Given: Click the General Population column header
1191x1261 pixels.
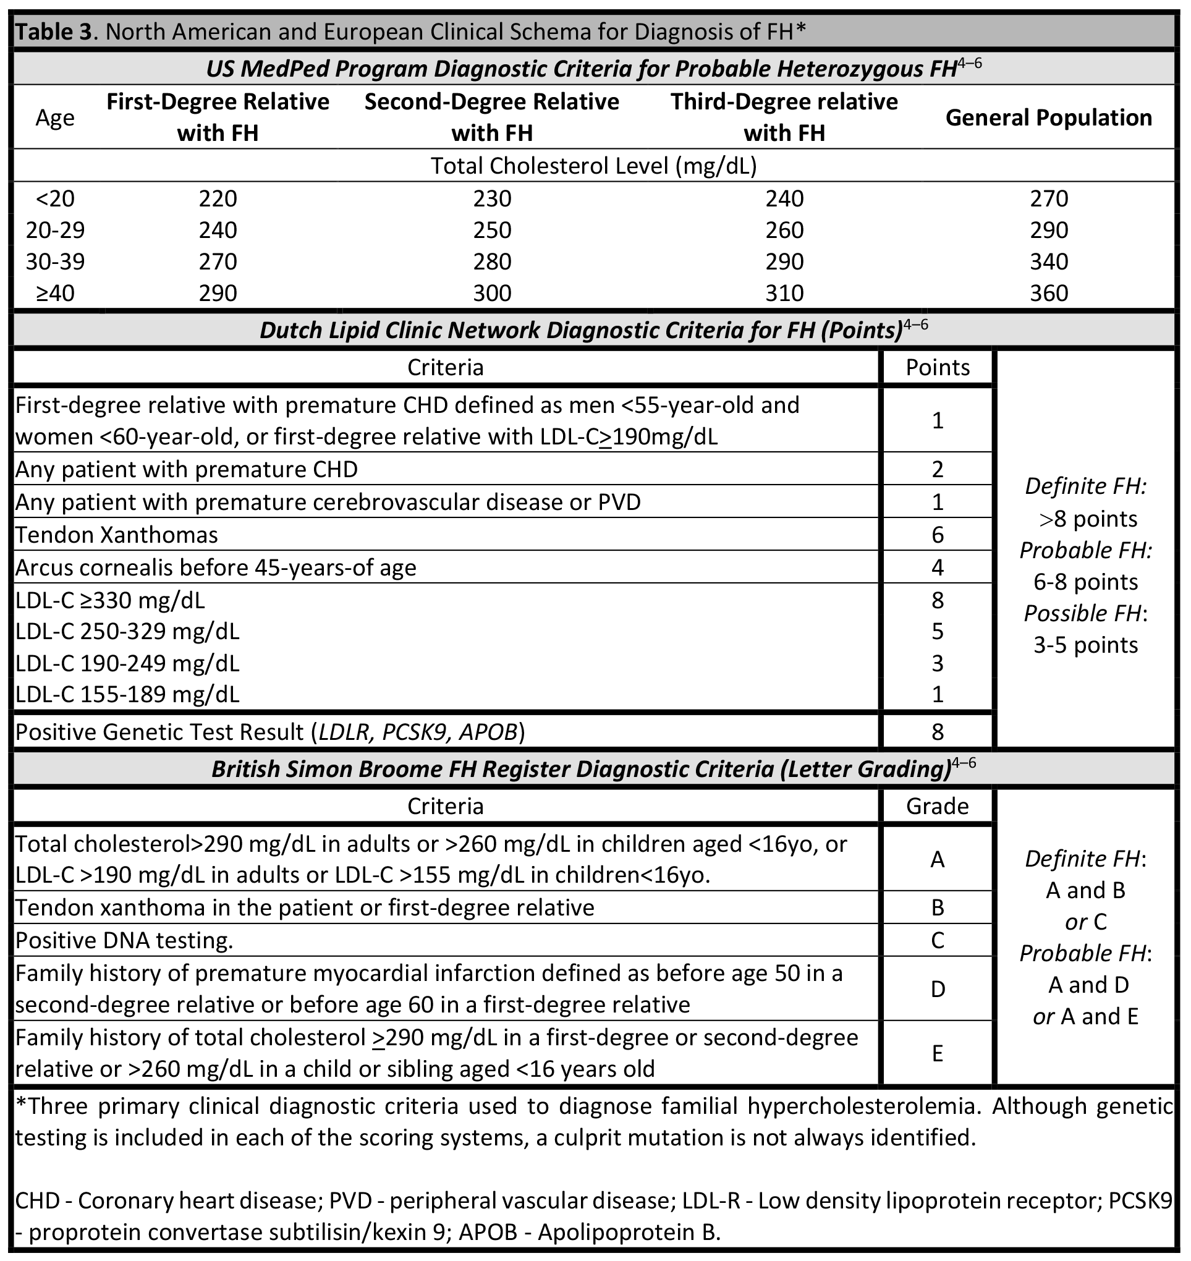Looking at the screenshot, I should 1048,117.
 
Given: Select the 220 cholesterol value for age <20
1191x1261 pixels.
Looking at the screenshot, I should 218,199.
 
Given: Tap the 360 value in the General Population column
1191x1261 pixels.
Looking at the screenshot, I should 1049,293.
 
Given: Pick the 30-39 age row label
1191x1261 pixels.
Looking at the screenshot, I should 55,261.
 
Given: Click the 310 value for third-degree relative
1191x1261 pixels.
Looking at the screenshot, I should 784,293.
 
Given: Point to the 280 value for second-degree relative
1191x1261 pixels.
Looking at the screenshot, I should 492,261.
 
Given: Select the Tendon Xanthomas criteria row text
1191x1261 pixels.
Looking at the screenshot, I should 117,535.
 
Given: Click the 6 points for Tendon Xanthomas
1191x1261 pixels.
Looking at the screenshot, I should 937,535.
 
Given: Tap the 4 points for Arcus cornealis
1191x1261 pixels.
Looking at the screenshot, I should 937,567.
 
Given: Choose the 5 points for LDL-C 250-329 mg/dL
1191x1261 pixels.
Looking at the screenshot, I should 937,631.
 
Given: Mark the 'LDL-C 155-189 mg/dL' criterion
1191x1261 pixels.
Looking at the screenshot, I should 127,695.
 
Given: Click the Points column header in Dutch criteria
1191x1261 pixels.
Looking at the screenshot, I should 937,368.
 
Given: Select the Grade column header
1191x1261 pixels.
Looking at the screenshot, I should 937,807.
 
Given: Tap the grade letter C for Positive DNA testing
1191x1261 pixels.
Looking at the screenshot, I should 937,940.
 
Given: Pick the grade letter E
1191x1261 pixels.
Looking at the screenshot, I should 937,1054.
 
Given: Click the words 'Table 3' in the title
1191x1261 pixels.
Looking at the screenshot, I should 54,31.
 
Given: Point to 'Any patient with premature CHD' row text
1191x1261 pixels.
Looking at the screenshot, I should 187,469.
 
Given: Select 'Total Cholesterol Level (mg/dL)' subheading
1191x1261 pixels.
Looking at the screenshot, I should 593,166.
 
